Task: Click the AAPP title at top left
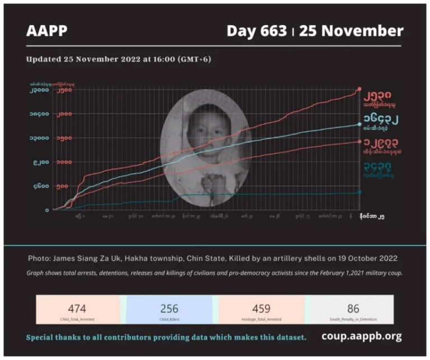tap(46, 31)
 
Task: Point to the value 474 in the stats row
tap(77, 308)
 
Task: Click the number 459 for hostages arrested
tap(261, 308)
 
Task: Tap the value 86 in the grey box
tap(353, 308)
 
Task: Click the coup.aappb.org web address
tap(362, 336)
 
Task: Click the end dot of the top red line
tap(359, 89)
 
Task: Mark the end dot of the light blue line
tap(359, 124)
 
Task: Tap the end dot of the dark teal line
tap(359, 192)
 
